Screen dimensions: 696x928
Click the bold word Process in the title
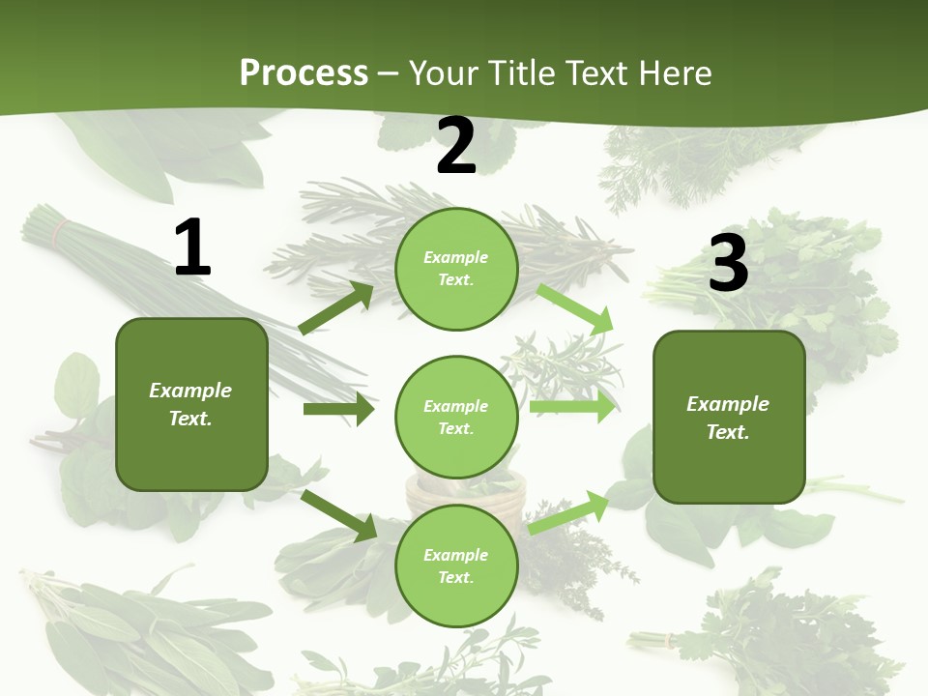pos(304,73)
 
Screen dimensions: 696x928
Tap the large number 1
pos(192,248)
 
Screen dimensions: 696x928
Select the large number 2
pos(456,147)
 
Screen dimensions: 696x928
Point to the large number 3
pos(728,265)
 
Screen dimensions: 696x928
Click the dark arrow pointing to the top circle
pos(336,308)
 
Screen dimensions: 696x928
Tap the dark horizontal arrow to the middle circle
pos(338,409)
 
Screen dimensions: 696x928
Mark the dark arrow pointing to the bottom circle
pos(338,515)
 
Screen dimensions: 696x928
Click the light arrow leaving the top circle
pos(575,308)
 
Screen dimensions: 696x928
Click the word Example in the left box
pos(190,391)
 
